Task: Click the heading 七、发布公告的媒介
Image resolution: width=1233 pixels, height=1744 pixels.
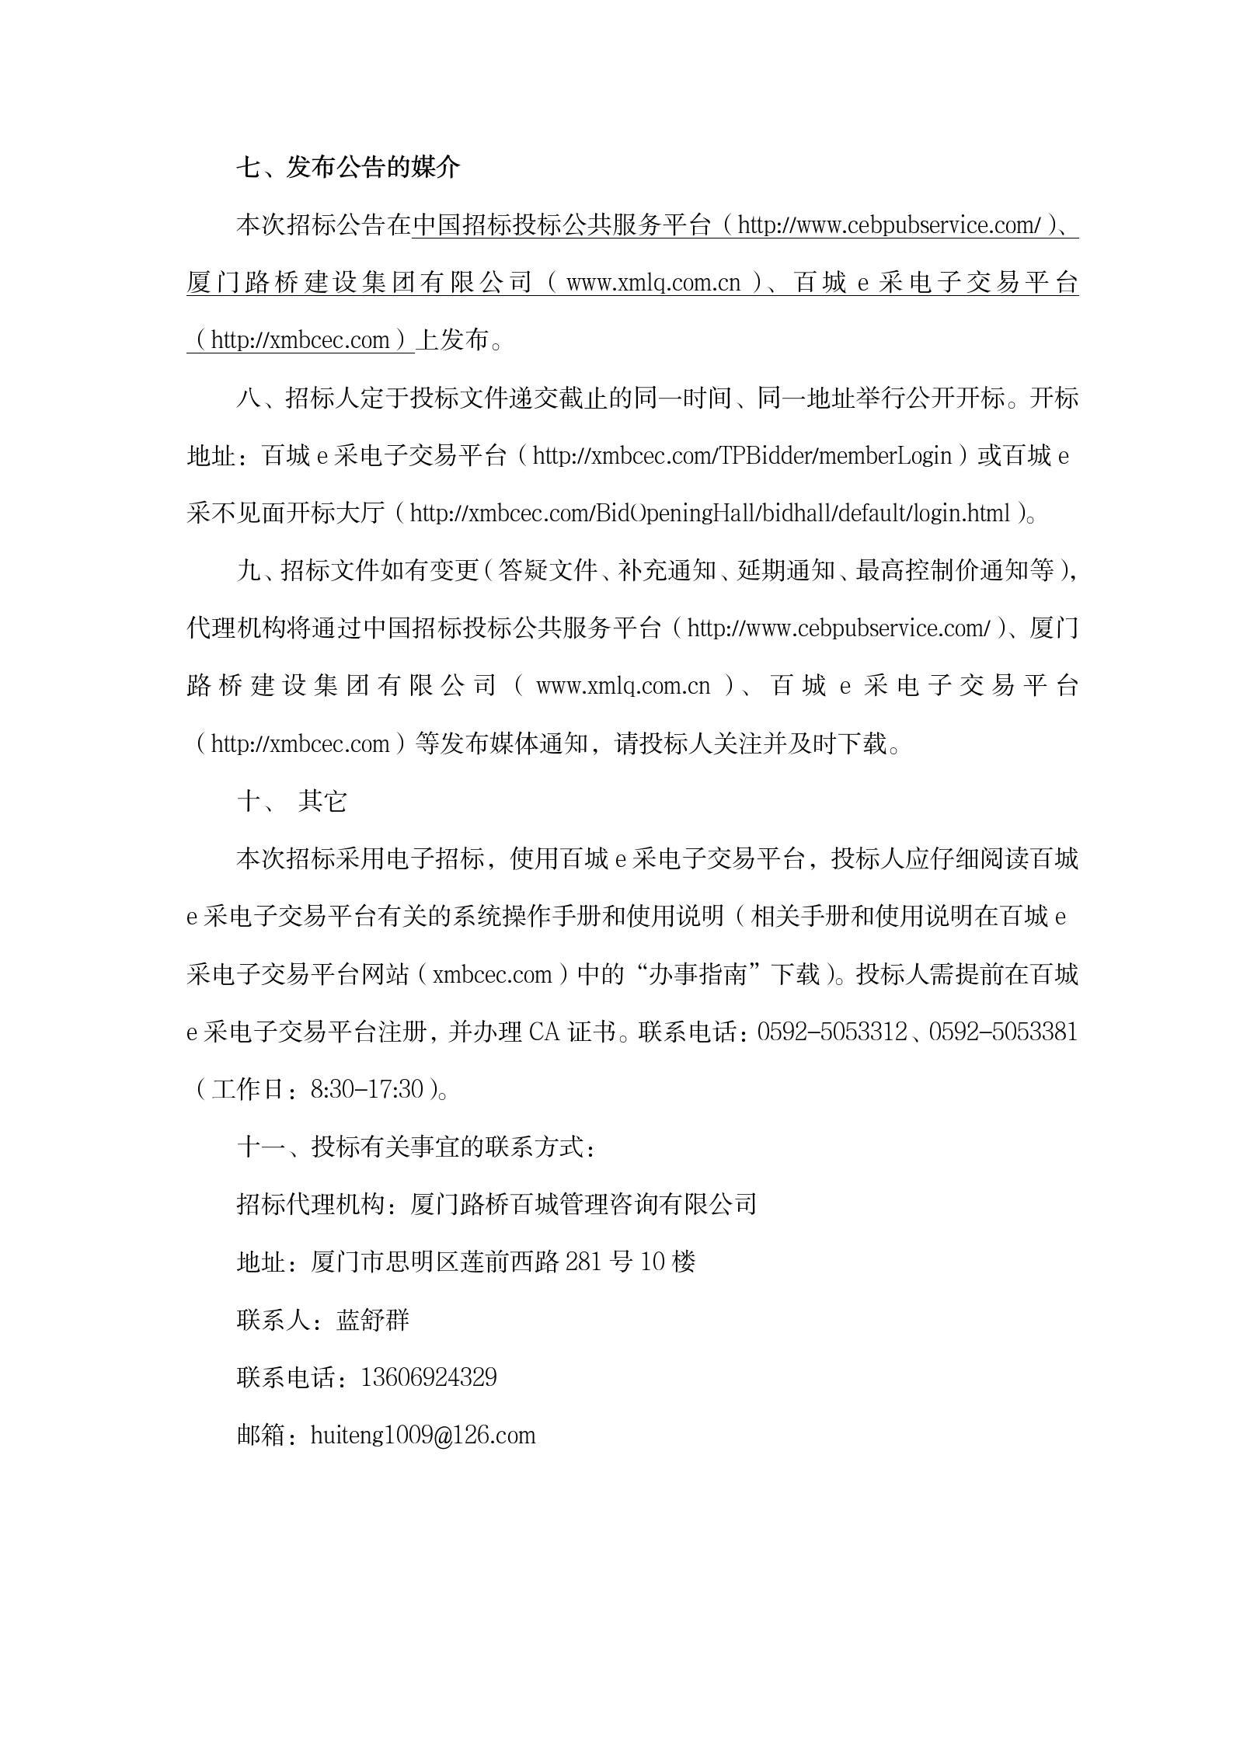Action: click(348, 167)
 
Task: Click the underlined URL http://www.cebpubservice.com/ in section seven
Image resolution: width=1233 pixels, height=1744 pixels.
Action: click(889, 225)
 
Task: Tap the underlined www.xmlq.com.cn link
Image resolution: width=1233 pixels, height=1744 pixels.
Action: click(653, 283)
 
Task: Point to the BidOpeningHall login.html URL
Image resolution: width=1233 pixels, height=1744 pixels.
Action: click(710, 513)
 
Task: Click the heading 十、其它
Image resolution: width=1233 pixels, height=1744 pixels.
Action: click(292, 801)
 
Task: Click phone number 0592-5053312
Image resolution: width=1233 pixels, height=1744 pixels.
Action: click(831, 1032)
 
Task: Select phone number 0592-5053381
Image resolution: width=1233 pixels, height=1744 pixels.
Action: click(1003, 1032)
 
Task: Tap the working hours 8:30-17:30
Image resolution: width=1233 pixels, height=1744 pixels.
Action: click(367, 1089)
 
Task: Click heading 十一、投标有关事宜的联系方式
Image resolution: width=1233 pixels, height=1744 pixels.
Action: click(416, 1147)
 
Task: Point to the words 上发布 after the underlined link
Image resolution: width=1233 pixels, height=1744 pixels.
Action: click(453, 340)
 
